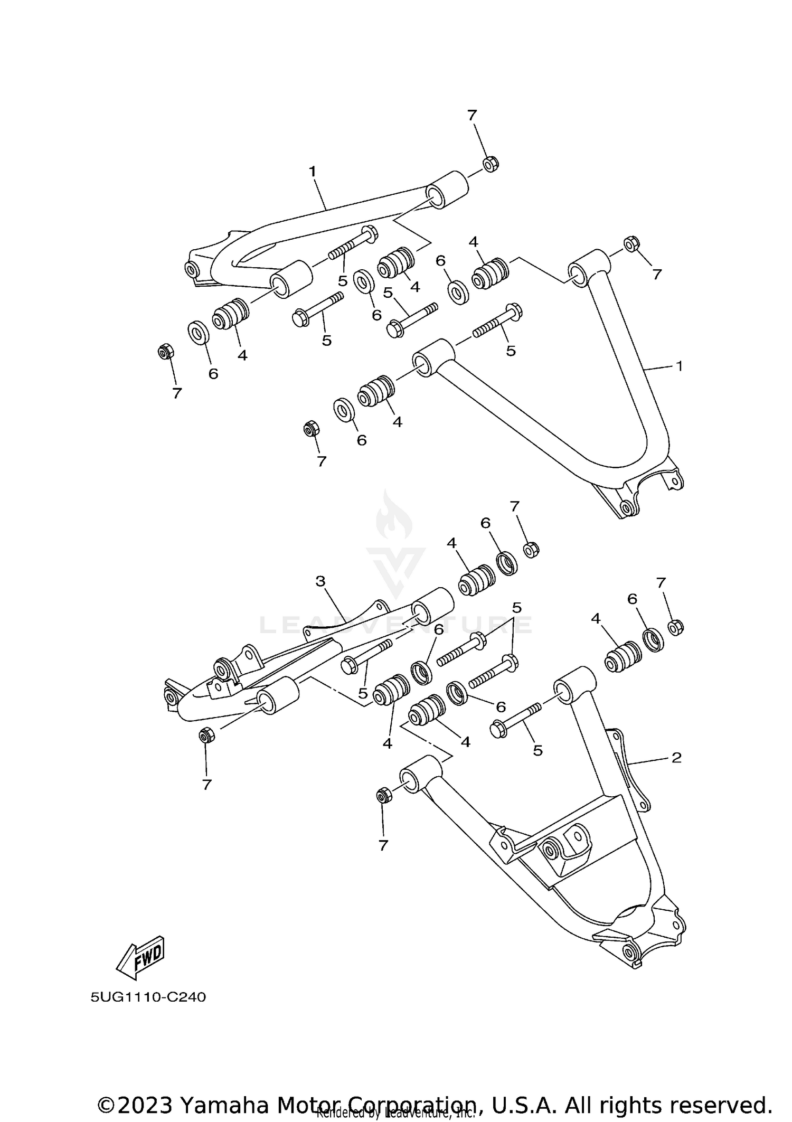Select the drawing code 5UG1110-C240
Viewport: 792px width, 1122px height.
click(x=148, y=997)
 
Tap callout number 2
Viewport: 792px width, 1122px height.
click(x=676, y=758)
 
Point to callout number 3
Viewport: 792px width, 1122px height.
click(x=320, y=581)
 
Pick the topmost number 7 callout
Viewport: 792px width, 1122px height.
click(x=472, y=115)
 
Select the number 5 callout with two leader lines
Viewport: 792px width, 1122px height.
click(x=516, y=608)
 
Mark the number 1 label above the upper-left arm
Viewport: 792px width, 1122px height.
click(x=312, y=172)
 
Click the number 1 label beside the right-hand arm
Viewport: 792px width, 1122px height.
click(x=680, y=365)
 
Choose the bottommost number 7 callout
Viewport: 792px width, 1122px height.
click(x=383, y=845)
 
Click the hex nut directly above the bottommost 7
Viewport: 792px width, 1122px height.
click(x=384, y=795)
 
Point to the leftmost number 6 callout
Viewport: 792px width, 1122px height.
click(x=213, y=374)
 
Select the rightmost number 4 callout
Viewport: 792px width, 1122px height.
click(x=596, y=618)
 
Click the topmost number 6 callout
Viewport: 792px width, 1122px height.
click(x=440, y=260)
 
